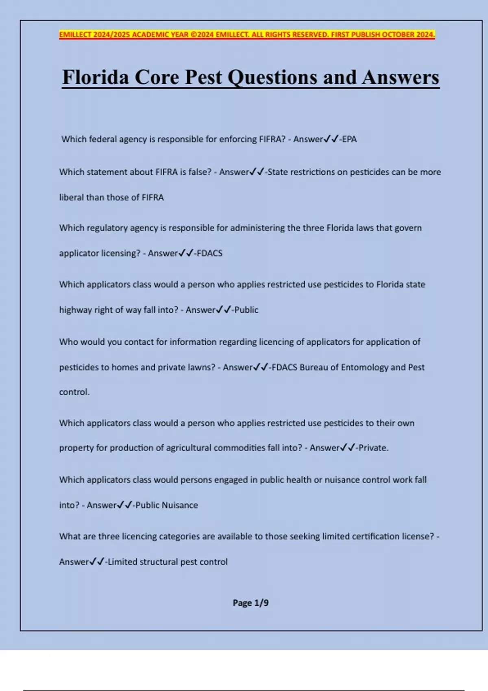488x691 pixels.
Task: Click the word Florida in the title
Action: (95, 77)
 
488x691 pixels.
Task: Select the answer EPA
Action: (349, 139)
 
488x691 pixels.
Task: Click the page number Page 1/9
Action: (251, 603)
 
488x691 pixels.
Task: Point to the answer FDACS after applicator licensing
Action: (210, 253)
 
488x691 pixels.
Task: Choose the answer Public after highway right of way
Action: (246, 310)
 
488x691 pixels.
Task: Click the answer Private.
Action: (373, 448)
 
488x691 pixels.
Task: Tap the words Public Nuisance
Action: (167, 505)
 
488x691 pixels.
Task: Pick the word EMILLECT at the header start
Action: (75, 35)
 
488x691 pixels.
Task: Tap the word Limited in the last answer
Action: (122, 562)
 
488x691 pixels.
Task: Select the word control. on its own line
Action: (74, 392)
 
